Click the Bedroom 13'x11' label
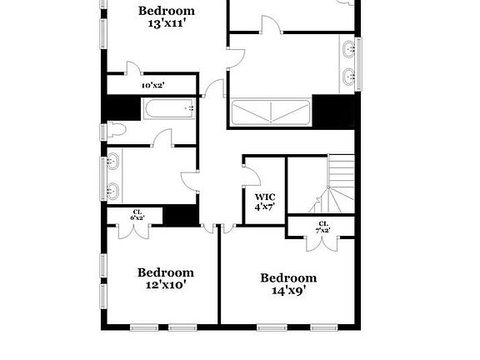(167, 17)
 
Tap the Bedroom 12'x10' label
(166, 278)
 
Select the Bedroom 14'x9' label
(288, 284)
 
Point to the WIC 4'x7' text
(265, 201)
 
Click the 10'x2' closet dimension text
(152, 85)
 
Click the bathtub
(169, 109)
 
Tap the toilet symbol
(116, 131)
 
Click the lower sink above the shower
(348, 78)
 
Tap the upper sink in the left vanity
(112, 162)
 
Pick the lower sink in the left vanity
(112, 192)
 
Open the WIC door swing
(249, 169)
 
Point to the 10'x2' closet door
(132, 68)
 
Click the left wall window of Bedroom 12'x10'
(103, 266)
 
